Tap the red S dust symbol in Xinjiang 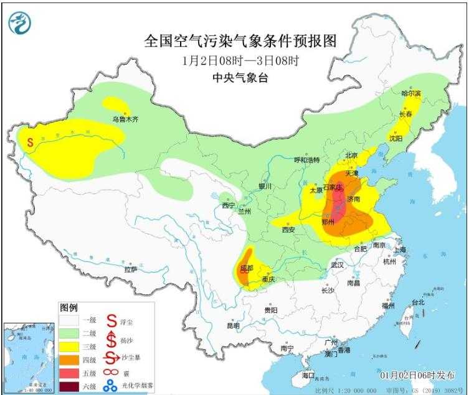point(30,142)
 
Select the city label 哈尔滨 point(411,93)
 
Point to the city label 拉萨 point(130,269)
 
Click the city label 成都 point(247,268)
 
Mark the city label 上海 point(400,250)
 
